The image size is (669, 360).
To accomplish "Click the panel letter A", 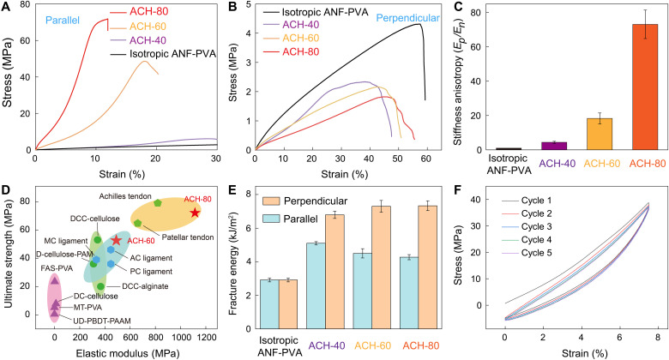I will tap(6, 8).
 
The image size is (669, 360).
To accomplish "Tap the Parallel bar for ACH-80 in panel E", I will tap(409, 289).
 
